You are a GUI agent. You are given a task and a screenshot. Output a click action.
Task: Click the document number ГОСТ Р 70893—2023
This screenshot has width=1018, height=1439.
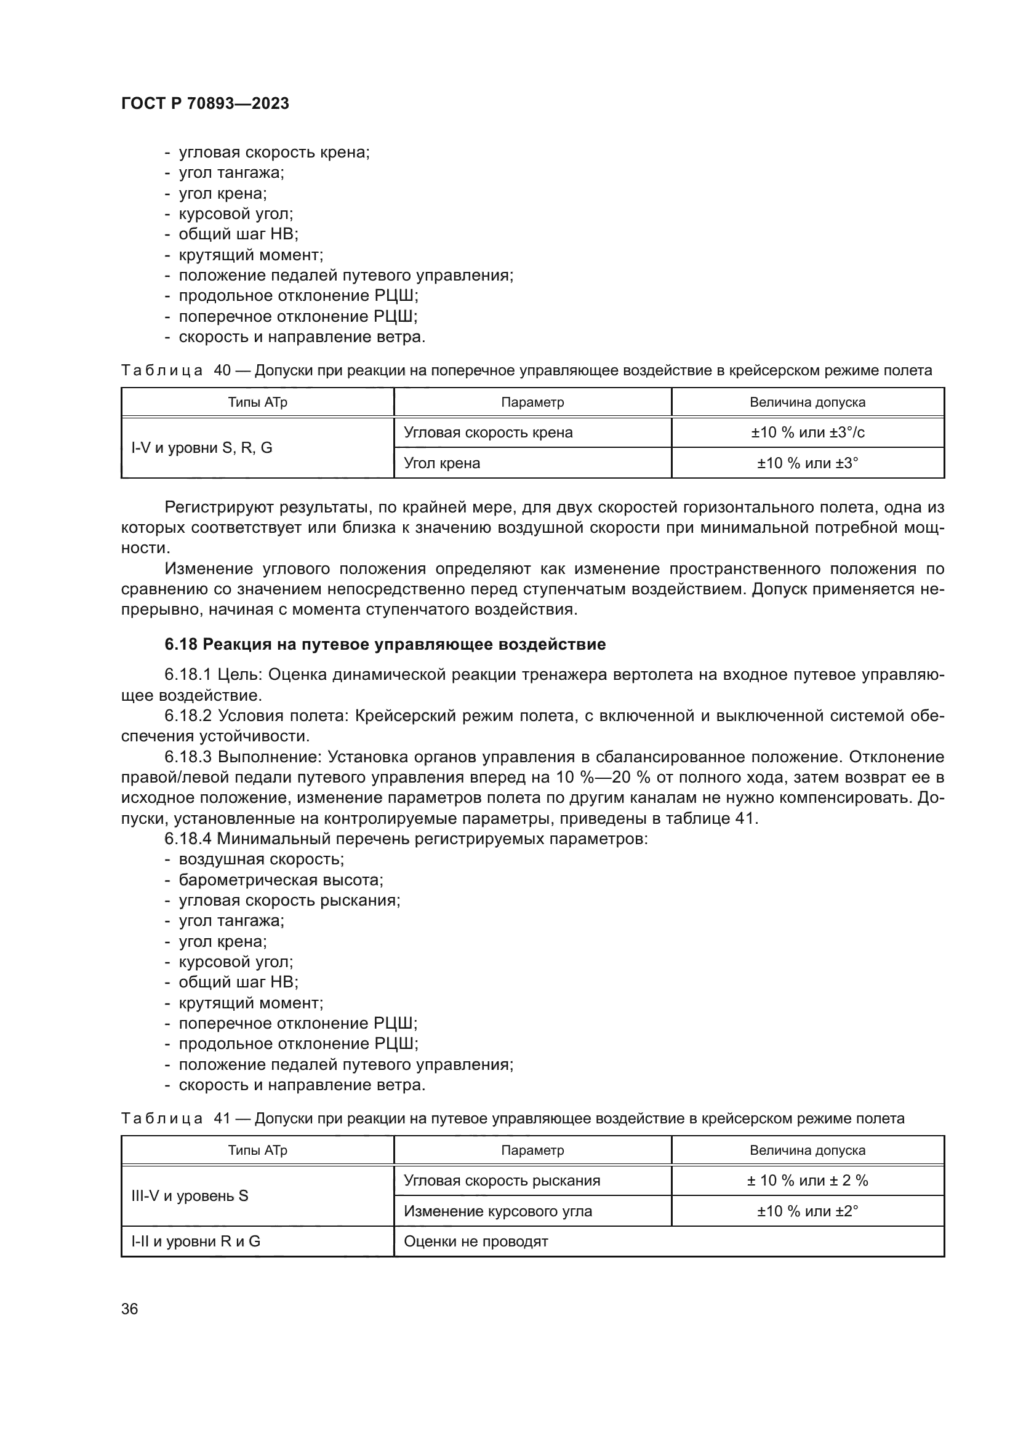[x=205, y=103]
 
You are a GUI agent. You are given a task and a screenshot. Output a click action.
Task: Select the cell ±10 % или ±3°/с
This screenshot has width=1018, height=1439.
[x=808, y=432]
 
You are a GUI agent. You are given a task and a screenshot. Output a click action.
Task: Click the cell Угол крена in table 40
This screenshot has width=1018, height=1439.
[x=442, y=463]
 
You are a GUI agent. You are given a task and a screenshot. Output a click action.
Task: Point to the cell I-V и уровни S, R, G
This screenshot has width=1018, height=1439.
[x=202, y=447]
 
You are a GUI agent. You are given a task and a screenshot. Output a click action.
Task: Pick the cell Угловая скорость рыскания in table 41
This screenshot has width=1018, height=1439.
[x=502, y=1181]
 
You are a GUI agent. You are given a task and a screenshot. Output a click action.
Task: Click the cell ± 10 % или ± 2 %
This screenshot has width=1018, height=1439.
[x=808, y=1181]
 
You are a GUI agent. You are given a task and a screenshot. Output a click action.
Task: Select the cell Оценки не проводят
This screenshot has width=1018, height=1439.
[x=476, y=1242]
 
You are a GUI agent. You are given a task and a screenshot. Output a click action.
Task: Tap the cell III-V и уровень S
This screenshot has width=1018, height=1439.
[x=190, y=1196]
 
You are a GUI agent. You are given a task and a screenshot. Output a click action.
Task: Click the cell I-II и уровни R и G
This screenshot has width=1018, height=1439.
[x=196, y=1242]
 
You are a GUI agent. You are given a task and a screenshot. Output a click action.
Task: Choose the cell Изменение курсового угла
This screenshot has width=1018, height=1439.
[x=498, y=1211]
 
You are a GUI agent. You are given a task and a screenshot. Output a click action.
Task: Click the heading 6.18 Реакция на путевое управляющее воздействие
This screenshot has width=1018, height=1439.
[x=385, y=644]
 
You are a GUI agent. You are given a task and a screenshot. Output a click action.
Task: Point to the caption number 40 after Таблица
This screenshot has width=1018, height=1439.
[x=223, y=370]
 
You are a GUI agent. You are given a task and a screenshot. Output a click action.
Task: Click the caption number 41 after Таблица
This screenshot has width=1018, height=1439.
[x=223, y=1118]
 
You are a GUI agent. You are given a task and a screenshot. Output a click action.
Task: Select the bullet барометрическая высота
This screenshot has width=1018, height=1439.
[x=281, y=880]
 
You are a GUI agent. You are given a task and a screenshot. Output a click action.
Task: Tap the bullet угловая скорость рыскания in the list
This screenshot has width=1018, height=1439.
[x=289, y=901]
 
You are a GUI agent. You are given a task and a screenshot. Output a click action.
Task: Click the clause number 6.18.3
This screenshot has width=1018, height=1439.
[x=188, y=757]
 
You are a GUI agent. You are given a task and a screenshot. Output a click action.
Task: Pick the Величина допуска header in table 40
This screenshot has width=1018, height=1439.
[x=808, y=402]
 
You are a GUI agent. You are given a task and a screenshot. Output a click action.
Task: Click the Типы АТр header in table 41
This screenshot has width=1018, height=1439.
[x=258, y=1150]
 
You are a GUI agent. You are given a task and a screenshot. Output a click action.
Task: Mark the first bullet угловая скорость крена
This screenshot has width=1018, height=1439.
[x=274, y=153]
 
